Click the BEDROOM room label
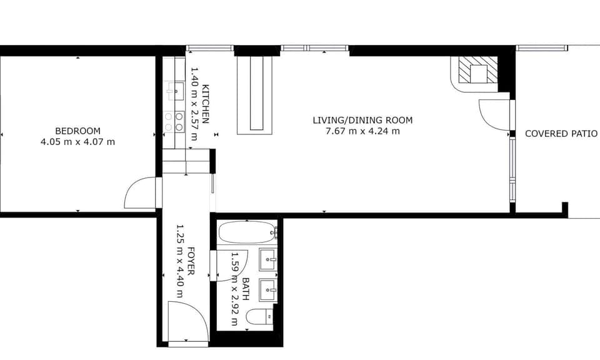pos(77,131)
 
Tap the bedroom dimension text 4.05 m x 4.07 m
pos(77,142)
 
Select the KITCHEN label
pos(206,104)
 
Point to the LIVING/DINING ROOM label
pos(362,121)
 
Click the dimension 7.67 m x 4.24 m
pos(362,131)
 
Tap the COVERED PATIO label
pos(561,134)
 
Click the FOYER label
pos(191,261)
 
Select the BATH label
pos(246,289)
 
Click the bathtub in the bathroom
pos(247,232)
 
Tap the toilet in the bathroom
pos(259,317)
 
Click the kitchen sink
pos(175,91)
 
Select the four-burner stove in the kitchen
pos(174,122)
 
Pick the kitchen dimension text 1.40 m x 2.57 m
pos(195,104)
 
